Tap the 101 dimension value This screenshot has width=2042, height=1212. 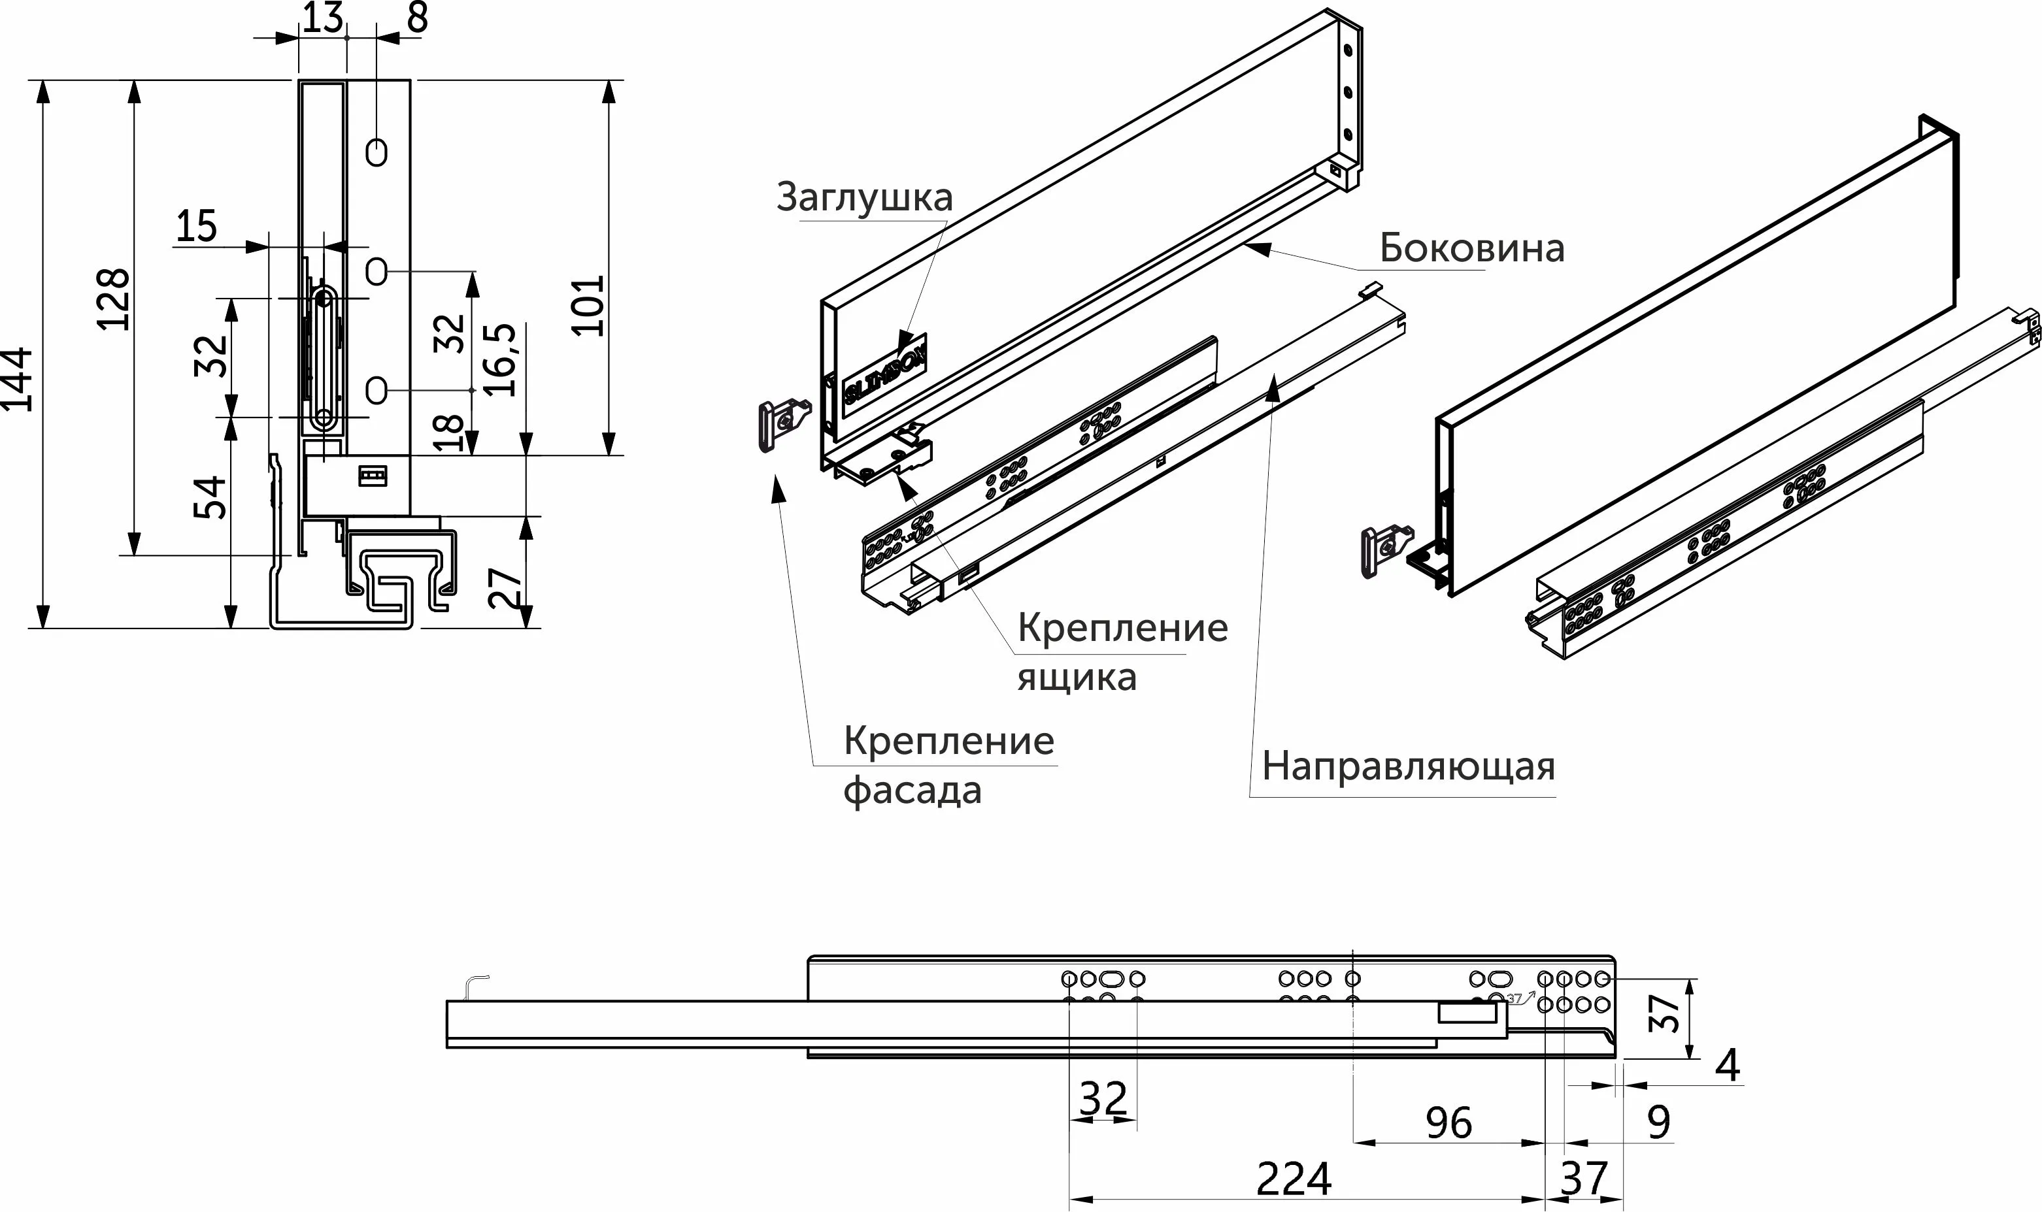588,306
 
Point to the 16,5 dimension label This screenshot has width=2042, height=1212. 501,359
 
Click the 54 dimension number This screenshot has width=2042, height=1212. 210,497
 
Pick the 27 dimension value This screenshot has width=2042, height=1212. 505,587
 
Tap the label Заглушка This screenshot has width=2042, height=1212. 864,197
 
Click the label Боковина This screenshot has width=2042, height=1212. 1472,248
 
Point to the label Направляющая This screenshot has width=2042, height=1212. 1408,766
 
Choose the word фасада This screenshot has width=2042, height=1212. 912,791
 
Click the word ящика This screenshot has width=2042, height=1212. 1077,676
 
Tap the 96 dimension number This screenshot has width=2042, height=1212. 1448,1123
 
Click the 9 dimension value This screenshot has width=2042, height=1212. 1658,1123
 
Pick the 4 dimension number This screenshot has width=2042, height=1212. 1727,1066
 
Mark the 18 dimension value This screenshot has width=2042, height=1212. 448,433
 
